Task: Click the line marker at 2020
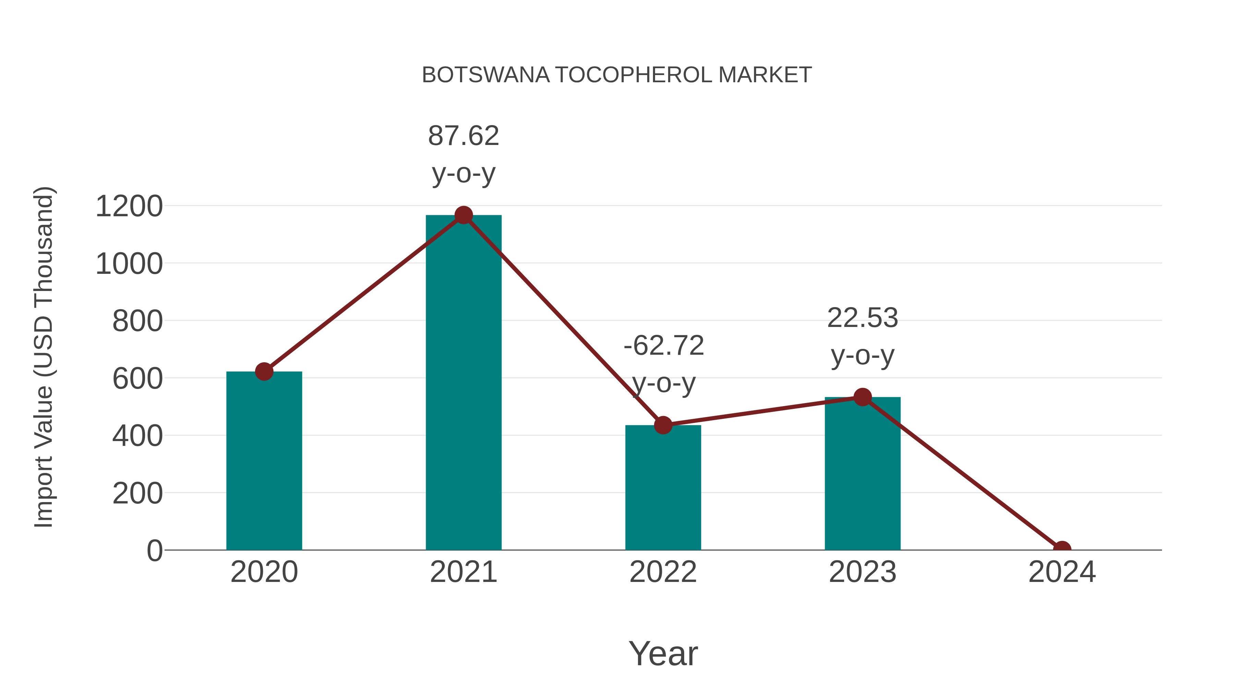264,371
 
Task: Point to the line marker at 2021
463,215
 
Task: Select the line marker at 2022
663,425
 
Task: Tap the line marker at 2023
862,397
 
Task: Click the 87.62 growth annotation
463,154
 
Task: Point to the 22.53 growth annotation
862,336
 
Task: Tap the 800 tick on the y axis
137,321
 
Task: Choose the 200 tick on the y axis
137,493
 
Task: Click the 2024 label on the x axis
1062,572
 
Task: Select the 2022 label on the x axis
663,572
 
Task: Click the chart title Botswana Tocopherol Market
617,75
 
